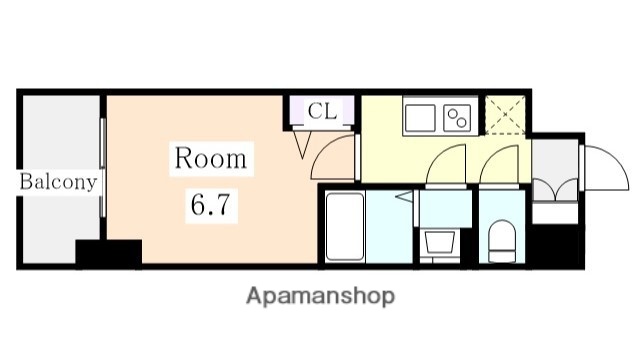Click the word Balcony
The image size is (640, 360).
point(59,182)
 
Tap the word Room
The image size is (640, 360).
point(210,158)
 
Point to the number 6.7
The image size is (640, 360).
point(210,207)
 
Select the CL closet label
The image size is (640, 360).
point(322,111)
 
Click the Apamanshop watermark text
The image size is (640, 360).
point(320,296)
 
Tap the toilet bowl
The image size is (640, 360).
point(500,240)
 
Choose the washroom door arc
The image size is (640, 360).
point(447,166)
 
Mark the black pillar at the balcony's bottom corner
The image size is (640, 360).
point(108,253)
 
